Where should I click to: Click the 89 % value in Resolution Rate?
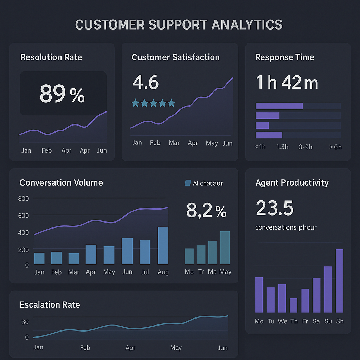[62, 94]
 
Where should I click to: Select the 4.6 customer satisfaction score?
[146, 82]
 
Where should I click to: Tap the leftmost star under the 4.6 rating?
[135, 103]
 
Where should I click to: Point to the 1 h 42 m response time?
[287, 82]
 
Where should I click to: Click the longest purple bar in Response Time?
[279, 106]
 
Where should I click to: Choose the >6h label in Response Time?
[335, 147]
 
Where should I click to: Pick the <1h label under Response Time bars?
[260, 147]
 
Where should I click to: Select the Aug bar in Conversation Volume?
[163, 245]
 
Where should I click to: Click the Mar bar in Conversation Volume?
[73, 258]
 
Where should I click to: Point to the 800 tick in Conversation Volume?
[23, 199]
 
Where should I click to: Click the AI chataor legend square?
[187, 183]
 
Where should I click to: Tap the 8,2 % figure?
[206, 211]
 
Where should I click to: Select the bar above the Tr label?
[201, 255]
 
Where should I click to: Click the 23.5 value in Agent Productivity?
[275, 208]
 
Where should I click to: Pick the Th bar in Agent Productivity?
[294, 305]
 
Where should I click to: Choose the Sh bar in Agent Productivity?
[340, 281]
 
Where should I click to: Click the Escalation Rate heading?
[50, 304]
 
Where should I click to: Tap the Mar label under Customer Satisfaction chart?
[174, 143]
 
